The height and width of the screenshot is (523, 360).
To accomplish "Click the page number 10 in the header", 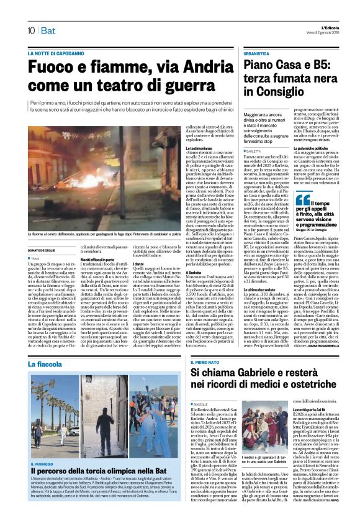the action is click(x=30, y=30).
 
